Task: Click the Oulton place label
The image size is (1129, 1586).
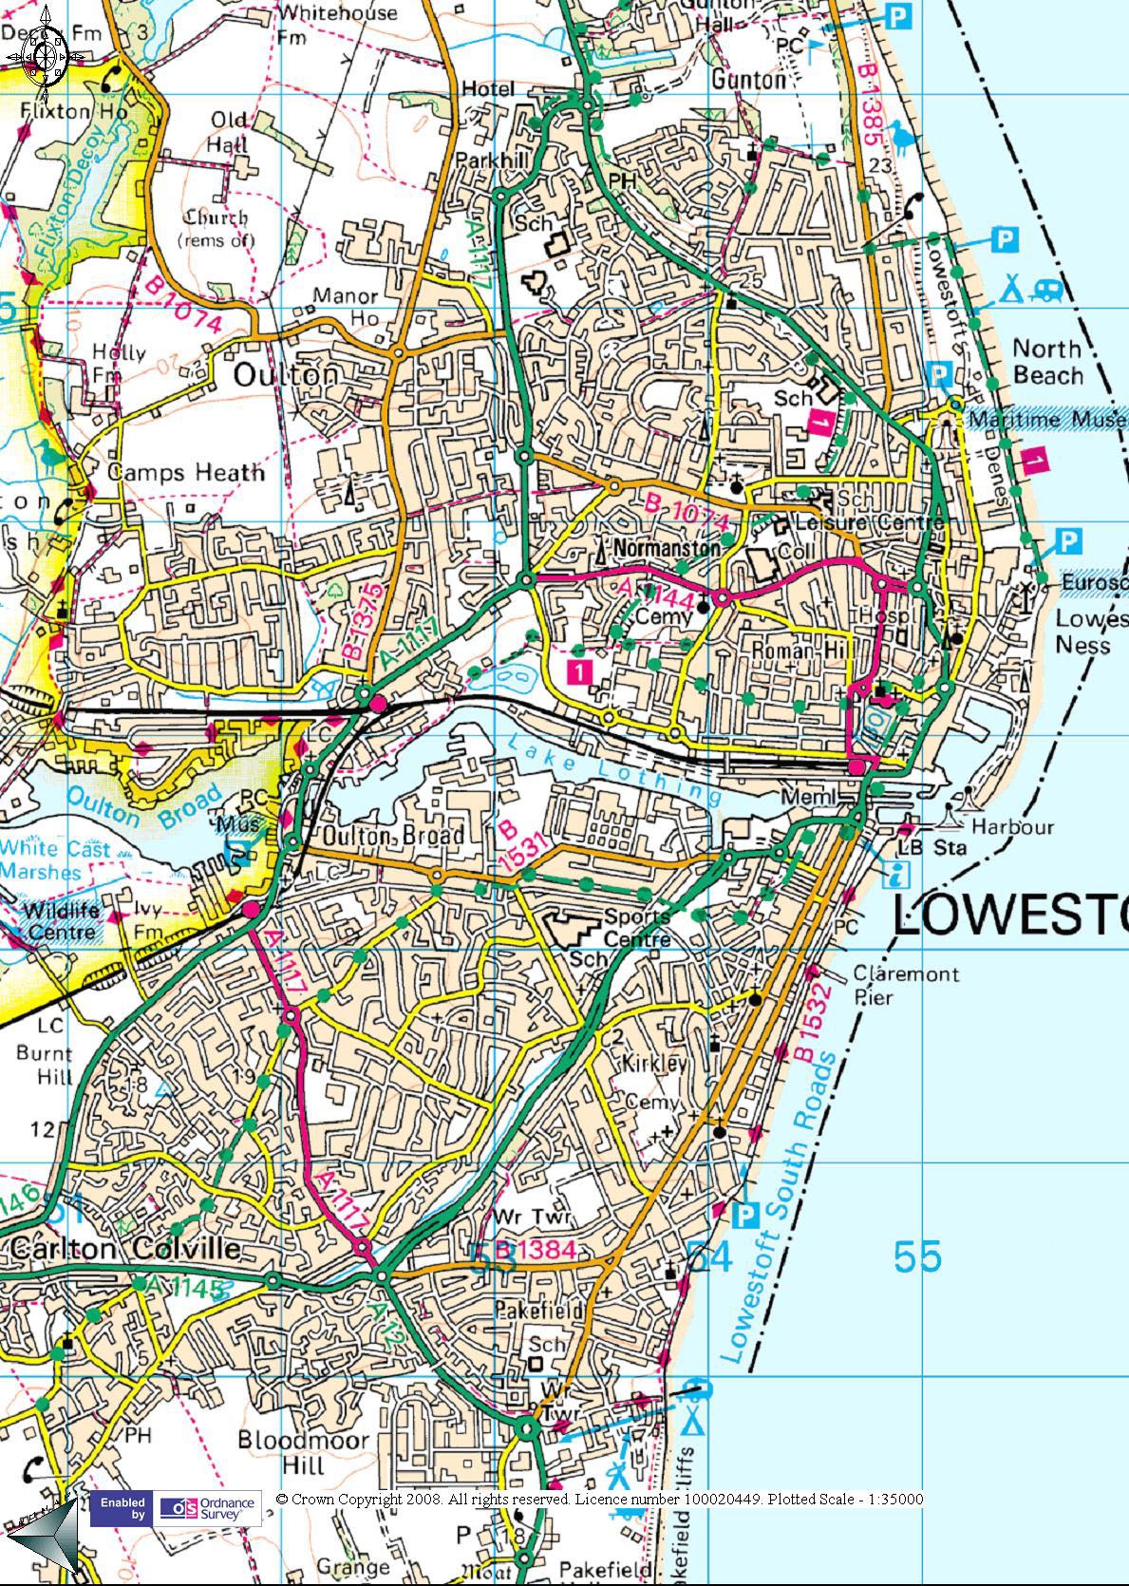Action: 286,375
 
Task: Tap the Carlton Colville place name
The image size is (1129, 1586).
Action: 125,1247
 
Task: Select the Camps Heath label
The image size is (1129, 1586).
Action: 186,472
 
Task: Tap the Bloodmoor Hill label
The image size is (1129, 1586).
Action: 303,1453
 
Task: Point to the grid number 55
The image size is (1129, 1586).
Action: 917,1256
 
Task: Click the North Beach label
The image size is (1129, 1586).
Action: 1047,362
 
